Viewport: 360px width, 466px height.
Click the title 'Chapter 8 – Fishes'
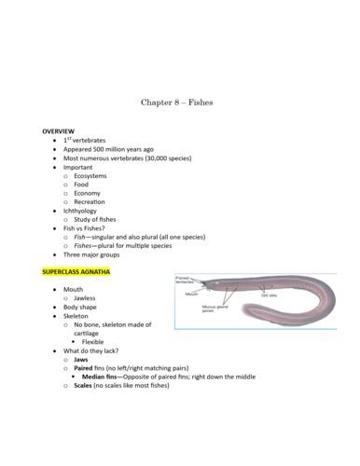pyautogui.click(x=176, y=103)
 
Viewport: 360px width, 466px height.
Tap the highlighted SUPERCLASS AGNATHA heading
pyautogui.click(x=76, y=272)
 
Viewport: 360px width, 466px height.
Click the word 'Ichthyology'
pyautogui.click(x=83, y=211)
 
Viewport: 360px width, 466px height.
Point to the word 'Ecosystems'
pyautogui.click(x=90, y=175)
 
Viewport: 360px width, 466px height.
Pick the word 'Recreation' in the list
pyautogui.click(x=90, y=201)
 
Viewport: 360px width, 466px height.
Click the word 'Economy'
pyautogui.click(x=87, y=193)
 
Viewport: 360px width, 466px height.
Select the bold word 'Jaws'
pyautogui.click(x=82, y=359)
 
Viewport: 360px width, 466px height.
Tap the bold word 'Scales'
pyautogui.click(x=84, y=385)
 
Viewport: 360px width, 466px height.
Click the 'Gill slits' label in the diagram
pyautogui.click(x=270, y=295)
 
